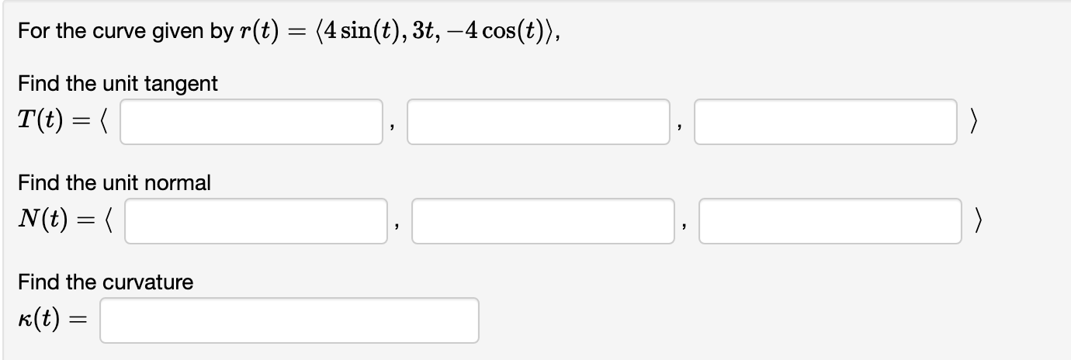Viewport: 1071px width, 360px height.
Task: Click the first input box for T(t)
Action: tap(251, 122)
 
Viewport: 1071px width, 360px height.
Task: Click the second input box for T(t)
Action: tap(538, 122)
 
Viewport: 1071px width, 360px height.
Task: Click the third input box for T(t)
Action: tap(825, 122)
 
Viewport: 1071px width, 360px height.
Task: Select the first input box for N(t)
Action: tap(255, 221)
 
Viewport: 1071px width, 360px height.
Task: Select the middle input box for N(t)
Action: tap(542, 221)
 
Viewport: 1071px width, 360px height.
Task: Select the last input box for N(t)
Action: tap(830, 221)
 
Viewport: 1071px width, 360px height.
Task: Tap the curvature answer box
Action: tap(289, 320)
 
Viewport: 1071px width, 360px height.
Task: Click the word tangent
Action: tap(183, 84)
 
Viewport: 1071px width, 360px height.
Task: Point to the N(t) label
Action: tap(43, 221)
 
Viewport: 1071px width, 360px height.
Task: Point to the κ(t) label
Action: tap(40, 320)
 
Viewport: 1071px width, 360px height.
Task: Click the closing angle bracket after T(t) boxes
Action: tap(974, 123)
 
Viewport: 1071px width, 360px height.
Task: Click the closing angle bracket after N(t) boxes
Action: tap(979, 222)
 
